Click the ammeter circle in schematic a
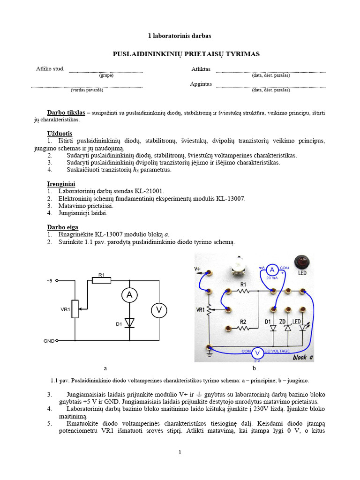pos(129,294)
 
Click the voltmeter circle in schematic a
pos(158,310)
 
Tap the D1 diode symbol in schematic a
pos(129,322)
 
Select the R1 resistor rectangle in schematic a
pos(101,280)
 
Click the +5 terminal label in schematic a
pos(49,281)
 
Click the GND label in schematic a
pos(49,341)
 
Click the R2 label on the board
pos(243,322)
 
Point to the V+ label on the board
pos(197,269)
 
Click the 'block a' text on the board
pos(303,357)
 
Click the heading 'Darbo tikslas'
pos(66,112)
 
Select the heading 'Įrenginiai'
pos(61,184)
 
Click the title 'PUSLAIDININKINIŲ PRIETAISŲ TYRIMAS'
pos(186,54)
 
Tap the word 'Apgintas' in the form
pos(201,84)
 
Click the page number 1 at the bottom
pos(180,452)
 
